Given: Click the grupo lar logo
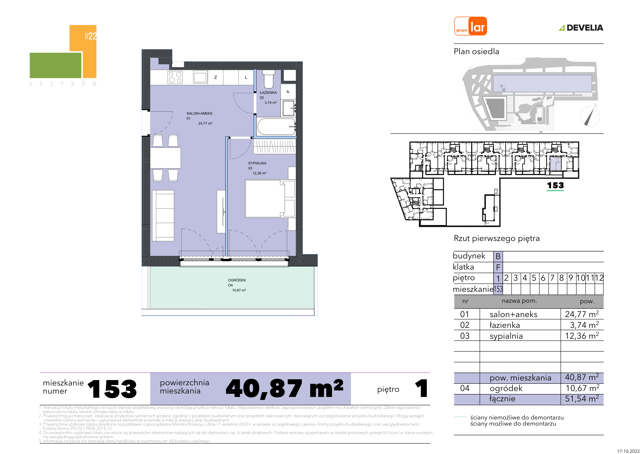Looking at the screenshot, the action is (x=470, y=26).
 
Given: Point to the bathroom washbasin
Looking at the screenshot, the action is (x=288, y=108).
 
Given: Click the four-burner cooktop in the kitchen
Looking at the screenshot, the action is (x=175, y=77).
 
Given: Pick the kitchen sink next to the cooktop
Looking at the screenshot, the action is (x=200, y=77).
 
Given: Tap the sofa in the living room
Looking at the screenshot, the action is (x=163, y=216).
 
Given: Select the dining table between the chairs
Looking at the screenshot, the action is (x=165, y=158).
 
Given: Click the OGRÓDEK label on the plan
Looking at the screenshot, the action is (x=237, y=280).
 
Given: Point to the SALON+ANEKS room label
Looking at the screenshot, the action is (x=199, y=113).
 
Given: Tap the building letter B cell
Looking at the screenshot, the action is (x=498, y=256).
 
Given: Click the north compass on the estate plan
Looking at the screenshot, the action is (x=590, y=116).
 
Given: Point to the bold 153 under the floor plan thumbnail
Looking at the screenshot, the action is (x=555, y=185).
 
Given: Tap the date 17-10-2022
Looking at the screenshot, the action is (x=628, y=451).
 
